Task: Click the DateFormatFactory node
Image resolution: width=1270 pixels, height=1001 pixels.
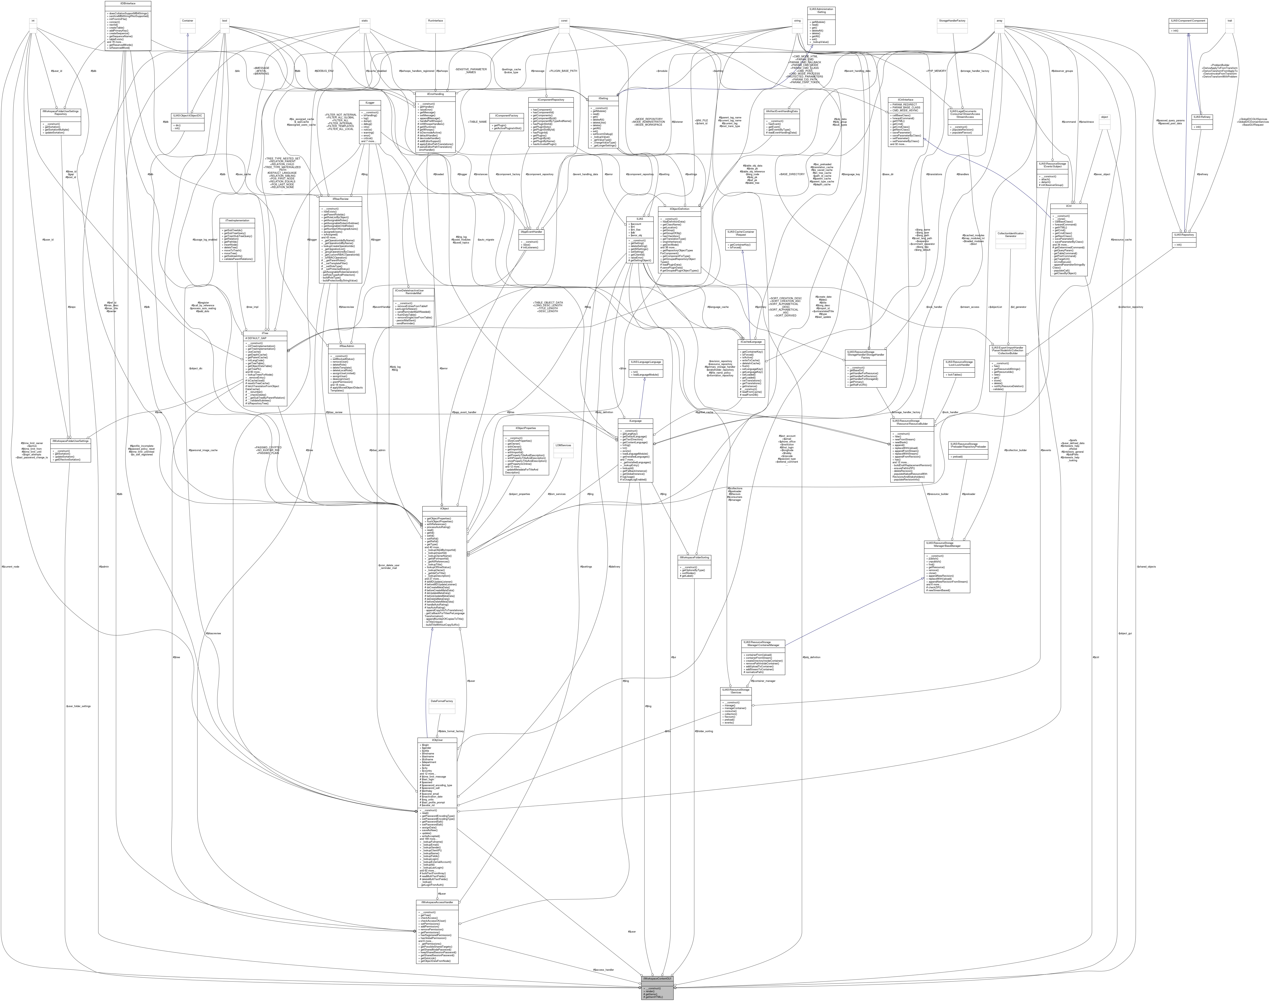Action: pos(442,701)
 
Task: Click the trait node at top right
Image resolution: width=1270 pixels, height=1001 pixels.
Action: pos(1230,21)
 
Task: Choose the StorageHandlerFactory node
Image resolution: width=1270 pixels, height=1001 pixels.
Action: pos(952,21)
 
